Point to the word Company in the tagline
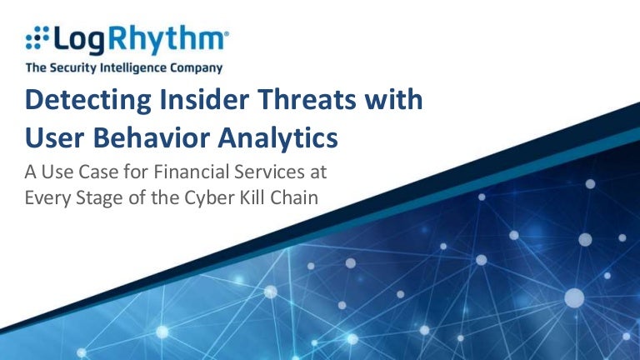click(x=195, y=68)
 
